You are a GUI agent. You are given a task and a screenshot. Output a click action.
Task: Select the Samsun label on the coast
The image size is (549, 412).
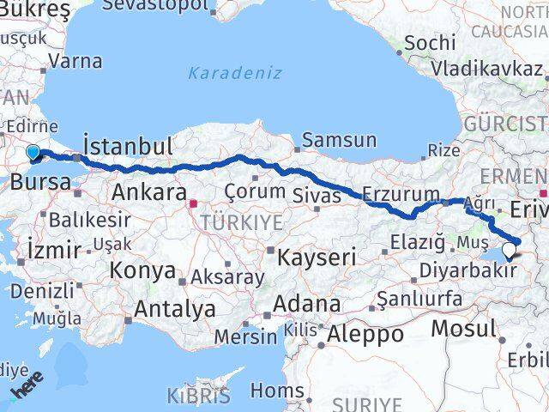340,141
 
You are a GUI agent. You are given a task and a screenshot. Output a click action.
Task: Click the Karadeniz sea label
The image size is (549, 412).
234,73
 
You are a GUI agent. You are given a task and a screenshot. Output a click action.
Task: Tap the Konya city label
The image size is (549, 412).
142,271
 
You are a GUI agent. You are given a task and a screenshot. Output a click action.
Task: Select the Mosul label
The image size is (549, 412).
463,328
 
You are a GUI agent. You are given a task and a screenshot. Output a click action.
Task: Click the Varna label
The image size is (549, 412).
75,61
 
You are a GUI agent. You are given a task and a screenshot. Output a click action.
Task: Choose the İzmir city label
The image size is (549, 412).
54,250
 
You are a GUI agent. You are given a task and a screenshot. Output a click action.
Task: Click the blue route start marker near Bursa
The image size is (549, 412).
33,153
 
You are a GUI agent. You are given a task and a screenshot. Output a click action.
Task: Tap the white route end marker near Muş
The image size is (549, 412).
510,251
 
